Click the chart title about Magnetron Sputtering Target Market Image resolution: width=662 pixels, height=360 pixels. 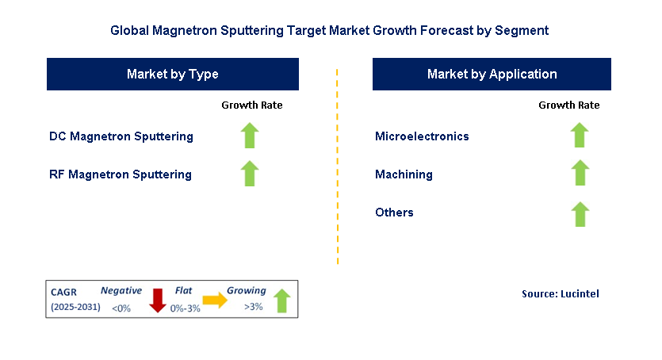pyautogui.click(x=330, y=31)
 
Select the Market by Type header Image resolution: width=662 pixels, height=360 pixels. pyautogui.click(x=173, y=75)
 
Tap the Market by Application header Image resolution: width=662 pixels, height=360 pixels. pyautogui.click(x=492, y=75)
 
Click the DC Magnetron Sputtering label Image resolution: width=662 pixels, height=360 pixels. pyautogui.click(x=121, y=136)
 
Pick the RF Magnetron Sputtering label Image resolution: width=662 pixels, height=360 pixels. pyautogui.click(x=120, y=174)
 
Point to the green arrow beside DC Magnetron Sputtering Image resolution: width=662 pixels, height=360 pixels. pyautogui.click(x=251, y=136)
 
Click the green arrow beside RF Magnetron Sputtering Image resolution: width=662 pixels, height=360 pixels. pyautogui.click(x=251, y=174)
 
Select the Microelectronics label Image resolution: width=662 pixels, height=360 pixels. pyautogui.click(x=422, y=136)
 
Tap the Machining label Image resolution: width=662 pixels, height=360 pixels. pyautogui.click(x=404, y=174)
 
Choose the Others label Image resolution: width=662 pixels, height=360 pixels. pyautogui.click(x=394, y=213)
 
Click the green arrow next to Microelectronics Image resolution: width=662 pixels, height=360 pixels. pyautogui.click(x=580, y=136)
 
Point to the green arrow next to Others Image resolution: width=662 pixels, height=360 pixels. pyautogui.click(x=580, y=214)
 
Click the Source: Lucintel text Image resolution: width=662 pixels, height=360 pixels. pyautogui.click(x=560, y=294)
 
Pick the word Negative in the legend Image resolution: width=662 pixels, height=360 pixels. pyautogui.click(x=121, y=291)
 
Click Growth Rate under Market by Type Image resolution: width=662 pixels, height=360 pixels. pyautogui.click(x=251, y=105)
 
